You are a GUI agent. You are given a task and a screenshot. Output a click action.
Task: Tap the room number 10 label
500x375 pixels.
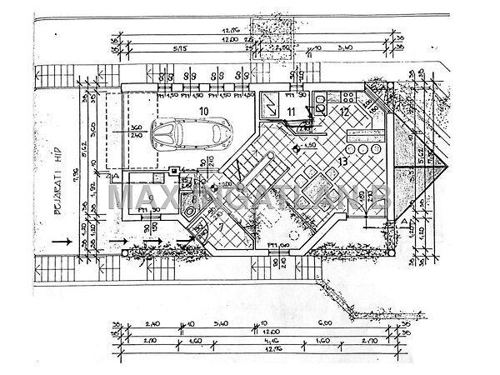202,110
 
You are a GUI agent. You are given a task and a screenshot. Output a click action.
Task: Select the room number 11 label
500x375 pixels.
292,111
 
